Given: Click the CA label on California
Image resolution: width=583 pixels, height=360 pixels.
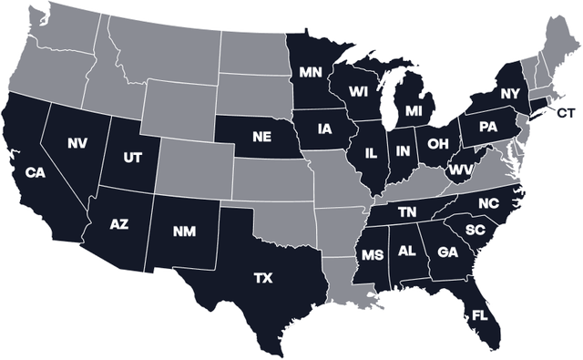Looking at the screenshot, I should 36,171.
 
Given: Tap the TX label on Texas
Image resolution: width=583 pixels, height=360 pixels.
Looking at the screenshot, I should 264,275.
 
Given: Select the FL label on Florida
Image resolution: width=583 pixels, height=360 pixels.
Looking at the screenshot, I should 479,316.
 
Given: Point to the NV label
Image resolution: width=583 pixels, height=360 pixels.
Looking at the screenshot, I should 77,142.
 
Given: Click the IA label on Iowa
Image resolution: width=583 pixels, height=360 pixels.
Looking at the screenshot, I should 324,129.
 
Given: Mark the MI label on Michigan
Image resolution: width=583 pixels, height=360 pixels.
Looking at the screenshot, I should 414,112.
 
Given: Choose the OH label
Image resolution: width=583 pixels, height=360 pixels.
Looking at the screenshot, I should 437,143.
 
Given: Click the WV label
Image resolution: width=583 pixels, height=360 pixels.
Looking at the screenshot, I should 458,170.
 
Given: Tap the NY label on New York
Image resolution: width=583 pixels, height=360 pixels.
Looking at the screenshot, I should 509,94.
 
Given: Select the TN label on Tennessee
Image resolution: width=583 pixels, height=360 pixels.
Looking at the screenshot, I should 407,211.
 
